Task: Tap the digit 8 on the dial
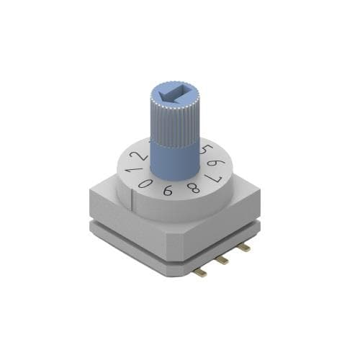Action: pos(193,188)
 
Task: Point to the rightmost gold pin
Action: pos(244,248)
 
